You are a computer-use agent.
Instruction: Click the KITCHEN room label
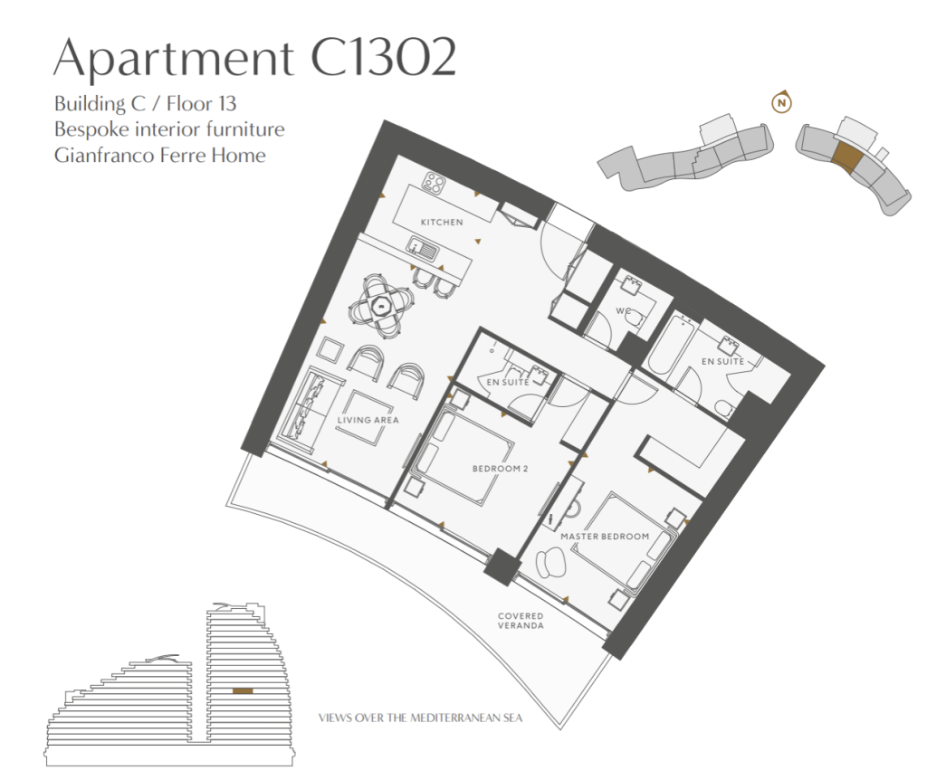(442, 223)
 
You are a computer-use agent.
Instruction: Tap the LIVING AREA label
(368, 420)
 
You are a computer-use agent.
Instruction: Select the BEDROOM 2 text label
(500, 469)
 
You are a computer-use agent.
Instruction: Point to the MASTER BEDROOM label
(605, 537)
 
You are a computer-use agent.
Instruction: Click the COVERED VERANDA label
(521, 621)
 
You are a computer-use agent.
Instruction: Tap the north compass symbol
(781, 103)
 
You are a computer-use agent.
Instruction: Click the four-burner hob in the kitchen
(435, 183)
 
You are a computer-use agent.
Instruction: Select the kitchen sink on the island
(422, 248)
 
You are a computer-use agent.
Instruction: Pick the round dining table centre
(381, 306)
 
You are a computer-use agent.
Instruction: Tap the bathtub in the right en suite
(671, 344)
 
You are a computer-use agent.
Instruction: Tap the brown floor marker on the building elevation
(243, 690)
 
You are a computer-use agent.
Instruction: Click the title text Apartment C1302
(254, 57)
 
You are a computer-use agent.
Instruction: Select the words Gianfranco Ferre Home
(159, 156)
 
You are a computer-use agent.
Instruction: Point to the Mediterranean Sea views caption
(420, 718)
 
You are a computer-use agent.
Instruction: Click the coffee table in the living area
(366, 417)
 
